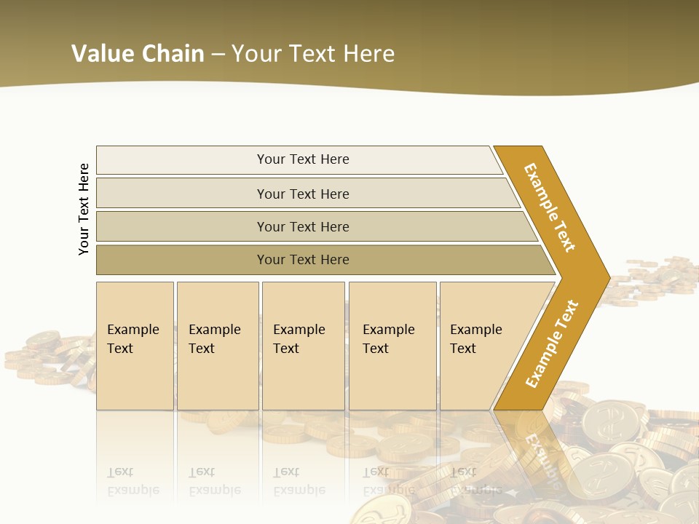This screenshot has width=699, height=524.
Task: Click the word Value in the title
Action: pos(101,53)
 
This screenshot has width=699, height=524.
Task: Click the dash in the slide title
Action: pos(218,54)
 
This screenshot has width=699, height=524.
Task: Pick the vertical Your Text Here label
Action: pos(84,209)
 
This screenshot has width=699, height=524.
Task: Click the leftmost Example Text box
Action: pos(135,346)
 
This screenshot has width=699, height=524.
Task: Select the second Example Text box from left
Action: pos(218,346)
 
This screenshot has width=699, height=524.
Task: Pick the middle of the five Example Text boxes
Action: pos(303,346)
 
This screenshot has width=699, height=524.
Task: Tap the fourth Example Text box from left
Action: pos(392,346)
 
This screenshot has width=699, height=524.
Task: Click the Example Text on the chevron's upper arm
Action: pos(550,207)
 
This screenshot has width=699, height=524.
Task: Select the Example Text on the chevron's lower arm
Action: pos(552,344)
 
